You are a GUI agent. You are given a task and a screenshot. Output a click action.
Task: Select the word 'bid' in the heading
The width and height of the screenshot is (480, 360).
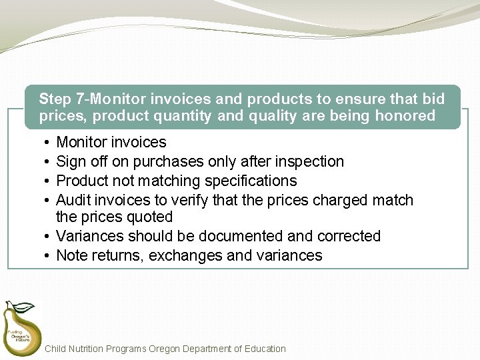tap(433, 99)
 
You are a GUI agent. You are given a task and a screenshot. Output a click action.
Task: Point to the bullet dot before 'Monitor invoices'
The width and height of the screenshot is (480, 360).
tap(42, 143)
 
